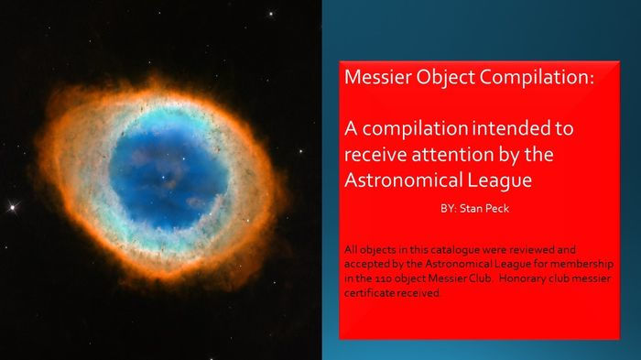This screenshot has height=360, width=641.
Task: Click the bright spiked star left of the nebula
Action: (x=12, y=206)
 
